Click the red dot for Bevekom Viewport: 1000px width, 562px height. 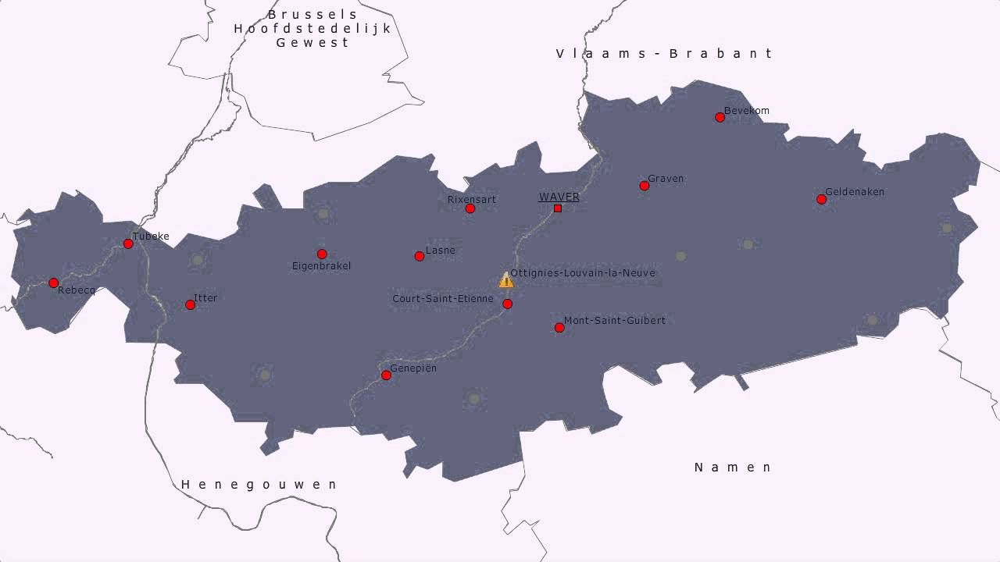[720, 117]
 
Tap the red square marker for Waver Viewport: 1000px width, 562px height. [558, 208]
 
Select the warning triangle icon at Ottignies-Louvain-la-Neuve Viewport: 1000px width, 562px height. [506, 279]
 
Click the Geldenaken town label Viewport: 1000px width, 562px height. [855, 191]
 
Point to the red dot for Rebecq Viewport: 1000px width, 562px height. [53, 283]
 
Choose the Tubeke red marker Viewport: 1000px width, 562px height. [128, 244]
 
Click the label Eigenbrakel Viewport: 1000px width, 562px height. [321, 266]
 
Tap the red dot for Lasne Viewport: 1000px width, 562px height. [420, 256]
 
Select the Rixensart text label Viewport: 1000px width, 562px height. [471, 199]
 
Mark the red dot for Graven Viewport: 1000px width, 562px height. [644, 186]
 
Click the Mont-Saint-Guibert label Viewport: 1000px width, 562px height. [615, 320]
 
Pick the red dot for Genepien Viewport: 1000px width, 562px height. [386, 375]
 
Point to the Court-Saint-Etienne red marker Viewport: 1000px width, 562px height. [507, 304]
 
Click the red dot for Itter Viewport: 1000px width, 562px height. [190, 304]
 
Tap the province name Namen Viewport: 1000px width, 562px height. [733, 468]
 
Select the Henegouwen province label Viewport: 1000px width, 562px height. [259, 485]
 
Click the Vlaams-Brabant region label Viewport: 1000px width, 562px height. [664, 53]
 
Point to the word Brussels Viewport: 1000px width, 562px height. [312, 14]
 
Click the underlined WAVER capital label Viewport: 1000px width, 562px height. [559, 197]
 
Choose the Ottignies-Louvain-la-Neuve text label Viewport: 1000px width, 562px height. [583, 272]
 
